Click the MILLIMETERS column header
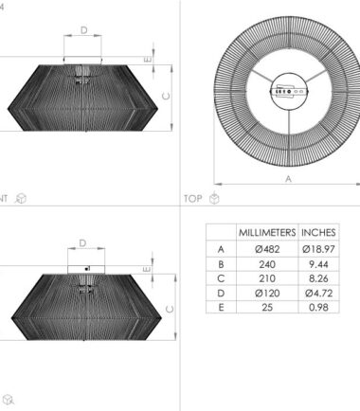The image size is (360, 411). (267, 233)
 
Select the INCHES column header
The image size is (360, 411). (318, 233)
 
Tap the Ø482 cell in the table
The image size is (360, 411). (267, 249)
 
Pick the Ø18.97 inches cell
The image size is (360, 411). (318, 249)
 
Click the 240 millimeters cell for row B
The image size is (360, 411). (267, 264)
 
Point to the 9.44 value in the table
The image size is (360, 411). (318, 264)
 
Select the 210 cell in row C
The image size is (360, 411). (267, 278)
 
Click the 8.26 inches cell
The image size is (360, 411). (318, 278)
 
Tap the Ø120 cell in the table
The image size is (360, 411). (267, 293)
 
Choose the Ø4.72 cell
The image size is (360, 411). (318, 293)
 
